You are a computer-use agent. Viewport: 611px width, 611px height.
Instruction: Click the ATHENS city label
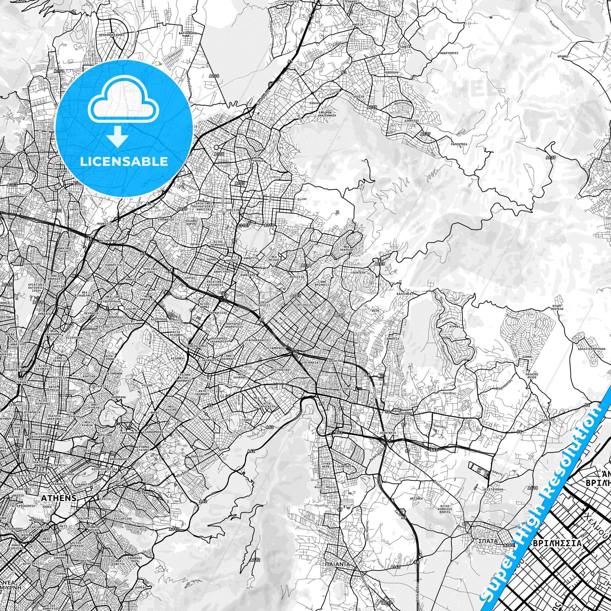click(x=59, y=498)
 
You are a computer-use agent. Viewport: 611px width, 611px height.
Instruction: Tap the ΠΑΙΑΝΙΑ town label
click(x=337, y=564)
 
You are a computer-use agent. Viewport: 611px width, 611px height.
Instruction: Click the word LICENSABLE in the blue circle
click(x=124, y=162)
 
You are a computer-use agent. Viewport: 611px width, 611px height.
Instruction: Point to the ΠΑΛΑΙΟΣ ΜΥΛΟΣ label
click(x=532, y=375)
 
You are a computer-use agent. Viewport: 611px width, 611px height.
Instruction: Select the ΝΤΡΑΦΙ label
click(x=454, y=326)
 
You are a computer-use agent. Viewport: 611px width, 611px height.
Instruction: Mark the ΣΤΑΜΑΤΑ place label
click(x=404, y=47)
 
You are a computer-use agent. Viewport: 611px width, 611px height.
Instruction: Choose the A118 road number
click(x=532, y=488)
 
